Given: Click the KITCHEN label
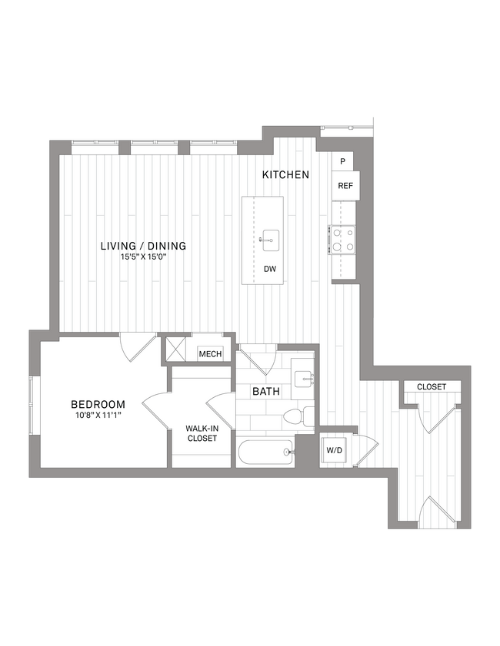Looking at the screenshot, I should click(285, 175).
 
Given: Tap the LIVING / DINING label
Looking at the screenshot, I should click(144, 246).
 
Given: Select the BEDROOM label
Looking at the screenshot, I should click(98, 404).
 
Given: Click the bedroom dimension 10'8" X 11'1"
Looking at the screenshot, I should click(98, 416).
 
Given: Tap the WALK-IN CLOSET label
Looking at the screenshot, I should click(202, 433).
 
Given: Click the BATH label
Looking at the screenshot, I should click(266, 392).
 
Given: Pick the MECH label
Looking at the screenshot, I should click(210, 354).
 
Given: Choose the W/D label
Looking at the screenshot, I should click(335, 450).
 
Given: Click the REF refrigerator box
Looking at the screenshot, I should click(345, 186).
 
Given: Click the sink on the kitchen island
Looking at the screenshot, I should click(270, 239).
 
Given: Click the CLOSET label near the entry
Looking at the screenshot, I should click(431, 387).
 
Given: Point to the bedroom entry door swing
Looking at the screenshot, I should click(133, 346).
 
